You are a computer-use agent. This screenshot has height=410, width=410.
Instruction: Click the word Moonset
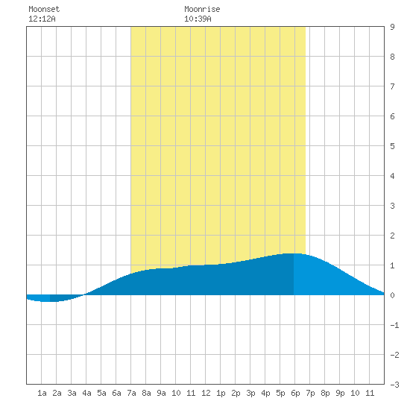click(44, 9)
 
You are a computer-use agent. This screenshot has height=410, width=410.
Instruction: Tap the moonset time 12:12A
click(42, 19)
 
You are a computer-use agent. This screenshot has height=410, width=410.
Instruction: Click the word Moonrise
click(202, 9)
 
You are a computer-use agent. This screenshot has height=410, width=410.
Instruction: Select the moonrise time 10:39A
click(198, 19)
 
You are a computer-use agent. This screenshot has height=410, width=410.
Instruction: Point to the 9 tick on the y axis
click(392, 27)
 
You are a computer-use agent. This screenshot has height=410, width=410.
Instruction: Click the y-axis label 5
click(392, 146)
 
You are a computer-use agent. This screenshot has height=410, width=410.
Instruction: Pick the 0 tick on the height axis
click(392, 295)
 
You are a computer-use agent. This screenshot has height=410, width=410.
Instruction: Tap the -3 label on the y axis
click(394, 385)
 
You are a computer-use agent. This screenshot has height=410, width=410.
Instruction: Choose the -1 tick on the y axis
click(394, 325)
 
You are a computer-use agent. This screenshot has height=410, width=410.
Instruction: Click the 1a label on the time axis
click(42, 393)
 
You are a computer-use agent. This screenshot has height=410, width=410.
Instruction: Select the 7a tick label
click(131, 393)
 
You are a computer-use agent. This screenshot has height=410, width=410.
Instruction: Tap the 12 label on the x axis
click(206, 393)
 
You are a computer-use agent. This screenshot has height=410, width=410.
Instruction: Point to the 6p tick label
click(295, 393)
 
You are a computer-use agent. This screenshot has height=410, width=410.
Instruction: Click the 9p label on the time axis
click(340, 393)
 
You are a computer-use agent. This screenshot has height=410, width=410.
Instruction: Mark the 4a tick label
click(86, 393)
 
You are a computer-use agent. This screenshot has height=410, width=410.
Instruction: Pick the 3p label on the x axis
click(250, 393)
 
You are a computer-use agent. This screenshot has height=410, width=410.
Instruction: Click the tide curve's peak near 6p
click(292, 253)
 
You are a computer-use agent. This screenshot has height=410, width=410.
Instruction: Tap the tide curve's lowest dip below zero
click(49, 301)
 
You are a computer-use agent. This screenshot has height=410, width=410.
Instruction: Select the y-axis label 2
click(392, 236)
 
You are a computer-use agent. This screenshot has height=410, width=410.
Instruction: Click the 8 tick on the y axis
click(392, 57)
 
